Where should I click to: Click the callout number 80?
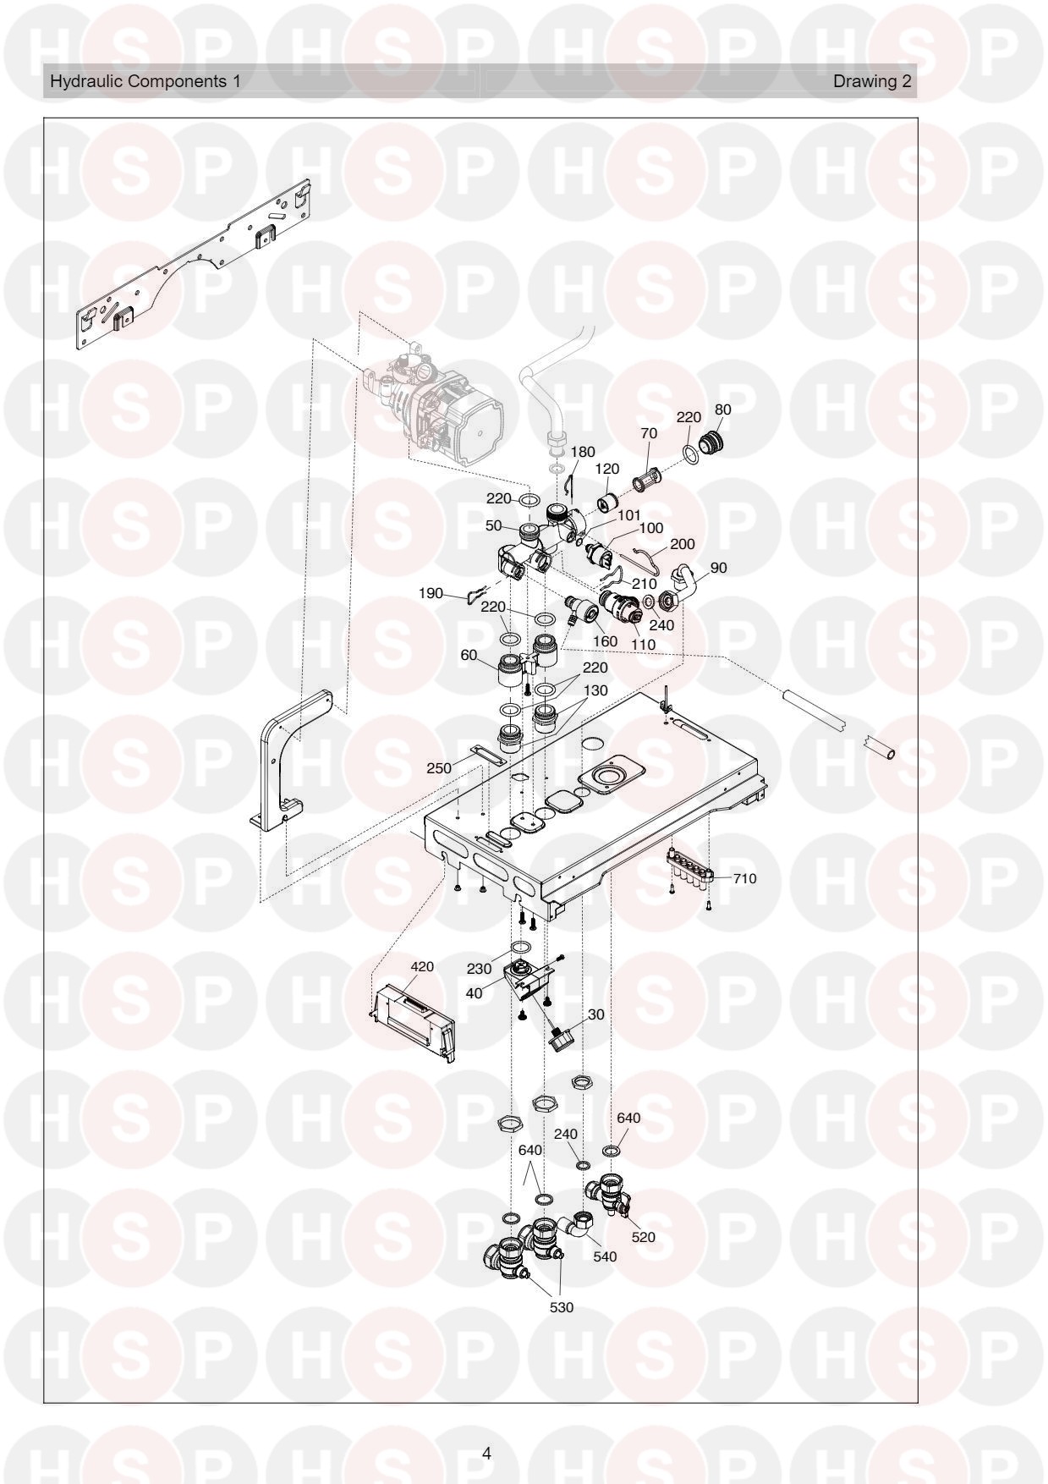(x=722, y=409)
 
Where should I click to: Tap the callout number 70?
(x=649, y=433)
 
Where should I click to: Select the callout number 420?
(x=422, y=967)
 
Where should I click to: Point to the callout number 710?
(x=744, y=878)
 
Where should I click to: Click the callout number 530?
(x=562, y=1307)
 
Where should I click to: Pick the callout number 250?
(x=438, y=769)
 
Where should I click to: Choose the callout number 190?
(x=431, y=594)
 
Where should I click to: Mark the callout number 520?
(x=643, y=1237)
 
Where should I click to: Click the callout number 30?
(x=596, y=1014)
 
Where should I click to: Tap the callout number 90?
(x=718, y=568)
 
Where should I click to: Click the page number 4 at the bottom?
(x=486, y=1454)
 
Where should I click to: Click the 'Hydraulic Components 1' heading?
(x=145, y=82)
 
